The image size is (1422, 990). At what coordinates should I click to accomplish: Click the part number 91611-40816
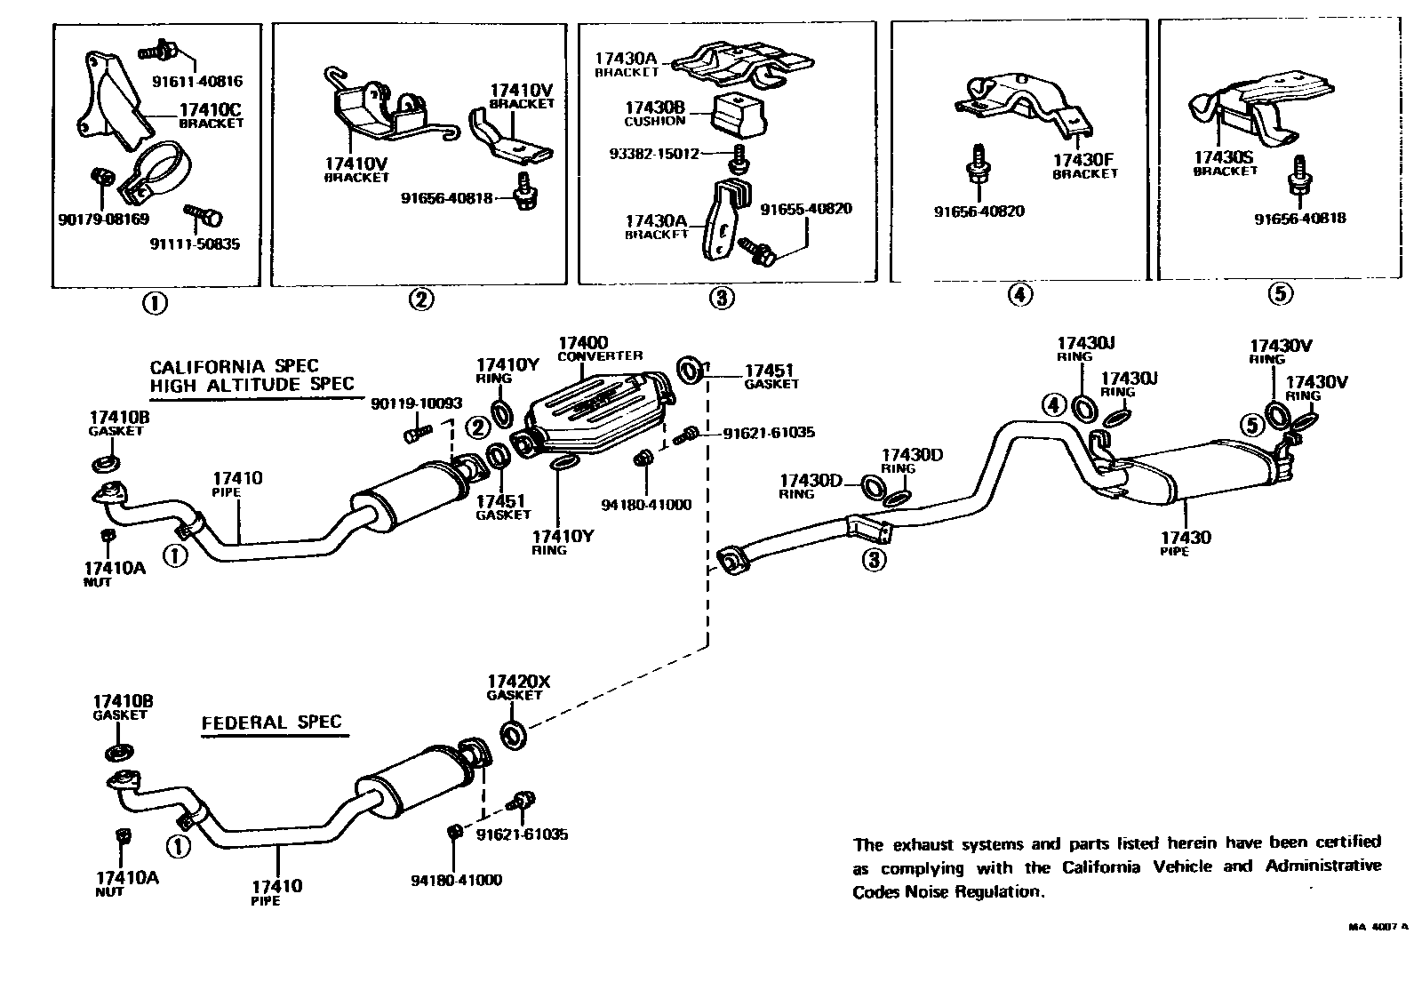click(x=196, y=82)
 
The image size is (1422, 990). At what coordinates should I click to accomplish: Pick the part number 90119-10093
click(x=416, y=403)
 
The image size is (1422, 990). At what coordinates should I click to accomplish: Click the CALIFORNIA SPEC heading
click(x=234, y=366)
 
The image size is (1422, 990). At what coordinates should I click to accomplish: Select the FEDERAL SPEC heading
click(x=271, y=722)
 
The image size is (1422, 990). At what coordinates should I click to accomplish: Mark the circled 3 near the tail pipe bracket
click(x=874, y=560)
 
